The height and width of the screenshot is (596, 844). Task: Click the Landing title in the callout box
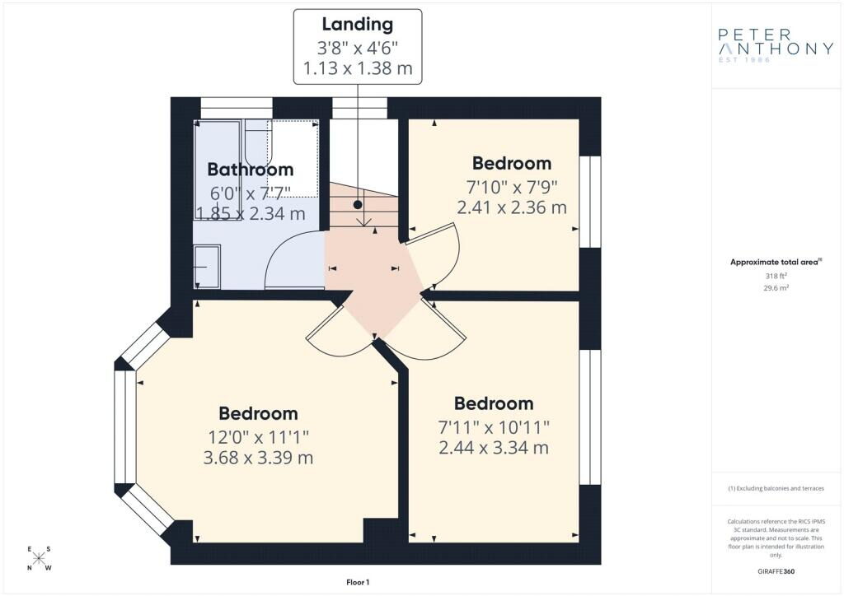358,24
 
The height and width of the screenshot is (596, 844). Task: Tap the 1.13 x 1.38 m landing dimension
358,69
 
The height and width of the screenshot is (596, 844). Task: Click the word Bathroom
251,170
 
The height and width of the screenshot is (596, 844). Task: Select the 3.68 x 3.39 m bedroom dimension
258,458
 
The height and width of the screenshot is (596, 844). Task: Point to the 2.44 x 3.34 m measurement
494,448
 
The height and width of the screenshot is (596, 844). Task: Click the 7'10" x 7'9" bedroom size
512,187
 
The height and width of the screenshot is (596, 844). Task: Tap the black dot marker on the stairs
358,205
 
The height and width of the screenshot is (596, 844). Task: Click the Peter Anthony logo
776,45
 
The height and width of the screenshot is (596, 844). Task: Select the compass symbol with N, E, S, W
39,558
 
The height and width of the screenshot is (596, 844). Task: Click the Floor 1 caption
358,582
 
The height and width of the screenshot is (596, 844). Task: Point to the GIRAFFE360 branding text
776,571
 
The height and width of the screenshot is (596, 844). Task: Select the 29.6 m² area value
776,288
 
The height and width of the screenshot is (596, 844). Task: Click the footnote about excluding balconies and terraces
776,488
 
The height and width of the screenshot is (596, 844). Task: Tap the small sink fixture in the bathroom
207,267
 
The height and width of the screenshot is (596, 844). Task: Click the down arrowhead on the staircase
365,221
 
